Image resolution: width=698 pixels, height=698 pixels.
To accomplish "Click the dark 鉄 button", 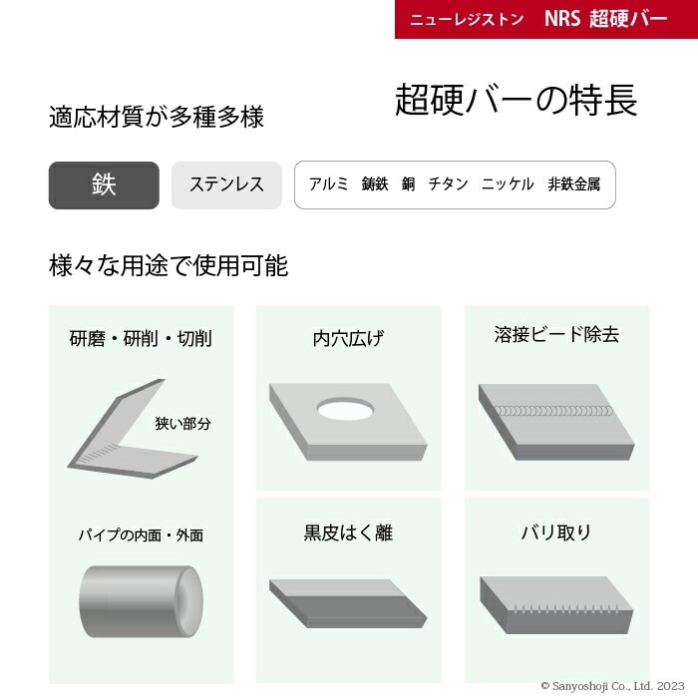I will (104, 185).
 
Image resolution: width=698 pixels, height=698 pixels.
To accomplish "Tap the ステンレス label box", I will (226, 185).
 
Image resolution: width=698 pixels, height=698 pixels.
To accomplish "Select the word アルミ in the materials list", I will (328, 184).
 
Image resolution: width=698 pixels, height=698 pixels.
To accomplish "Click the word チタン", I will (448, 184).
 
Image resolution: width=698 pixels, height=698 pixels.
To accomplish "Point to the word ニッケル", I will (508, 184).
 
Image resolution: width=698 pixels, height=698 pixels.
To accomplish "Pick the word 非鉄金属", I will (573, 184).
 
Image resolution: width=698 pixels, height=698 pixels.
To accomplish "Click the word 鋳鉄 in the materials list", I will (375, 184).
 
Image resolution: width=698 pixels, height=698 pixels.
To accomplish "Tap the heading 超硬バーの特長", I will (516, 100).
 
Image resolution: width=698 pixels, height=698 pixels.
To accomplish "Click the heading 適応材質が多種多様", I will (157, 118).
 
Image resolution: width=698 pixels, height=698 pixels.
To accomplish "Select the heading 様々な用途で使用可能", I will (169, 265).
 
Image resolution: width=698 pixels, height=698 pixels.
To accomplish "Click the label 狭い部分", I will (182, 424).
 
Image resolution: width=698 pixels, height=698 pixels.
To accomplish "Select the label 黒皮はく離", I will (348, 533).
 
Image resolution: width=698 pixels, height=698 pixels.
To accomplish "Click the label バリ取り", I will (555, 532).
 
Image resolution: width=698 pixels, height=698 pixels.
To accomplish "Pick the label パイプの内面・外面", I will (141, 535).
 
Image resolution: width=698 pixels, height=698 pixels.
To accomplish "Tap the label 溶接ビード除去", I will (555, 335).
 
